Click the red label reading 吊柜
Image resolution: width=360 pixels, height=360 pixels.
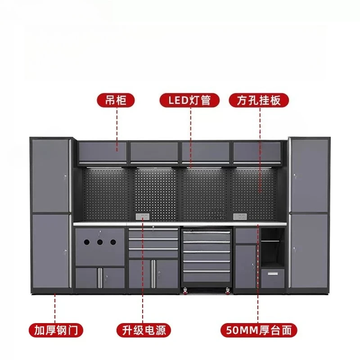(x=116, y=100)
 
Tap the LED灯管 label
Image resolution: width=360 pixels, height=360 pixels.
(x=189, y=100)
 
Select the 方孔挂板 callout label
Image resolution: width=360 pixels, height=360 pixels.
(x=259, y=100)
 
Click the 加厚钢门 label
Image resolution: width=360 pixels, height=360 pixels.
(x=56, y=330)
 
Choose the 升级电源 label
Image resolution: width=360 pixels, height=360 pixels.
(x=144, y=330)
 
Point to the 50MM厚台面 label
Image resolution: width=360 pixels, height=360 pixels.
(x=259, y=330)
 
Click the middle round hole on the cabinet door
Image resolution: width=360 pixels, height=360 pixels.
(x=100, y=242)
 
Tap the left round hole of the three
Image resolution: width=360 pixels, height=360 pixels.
(x=87, y=242)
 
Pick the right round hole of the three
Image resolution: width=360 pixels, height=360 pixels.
(x=113, y=242)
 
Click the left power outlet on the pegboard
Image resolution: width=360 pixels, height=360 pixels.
(x=143, y=216)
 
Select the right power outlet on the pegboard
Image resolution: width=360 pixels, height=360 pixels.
(x=240, y=216)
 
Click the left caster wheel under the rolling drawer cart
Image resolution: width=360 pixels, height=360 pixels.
(x=185, y=291)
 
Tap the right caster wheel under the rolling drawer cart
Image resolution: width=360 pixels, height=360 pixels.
(x=228, y=291)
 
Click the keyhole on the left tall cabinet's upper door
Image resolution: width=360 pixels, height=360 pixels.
(x=65, y=177)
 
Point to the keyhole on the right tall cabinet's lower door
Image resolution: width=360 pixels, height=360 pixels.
(x=294, y=249)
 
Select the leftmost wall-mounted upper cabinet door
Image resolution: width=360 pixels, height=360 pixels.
(x=103, y=152)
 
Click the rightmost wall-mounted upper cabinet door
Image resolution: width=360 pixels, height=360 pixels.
(x=257, y=152)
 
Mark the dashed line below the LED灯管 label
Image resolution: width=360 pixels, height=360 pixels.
(x=190, y=137)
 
